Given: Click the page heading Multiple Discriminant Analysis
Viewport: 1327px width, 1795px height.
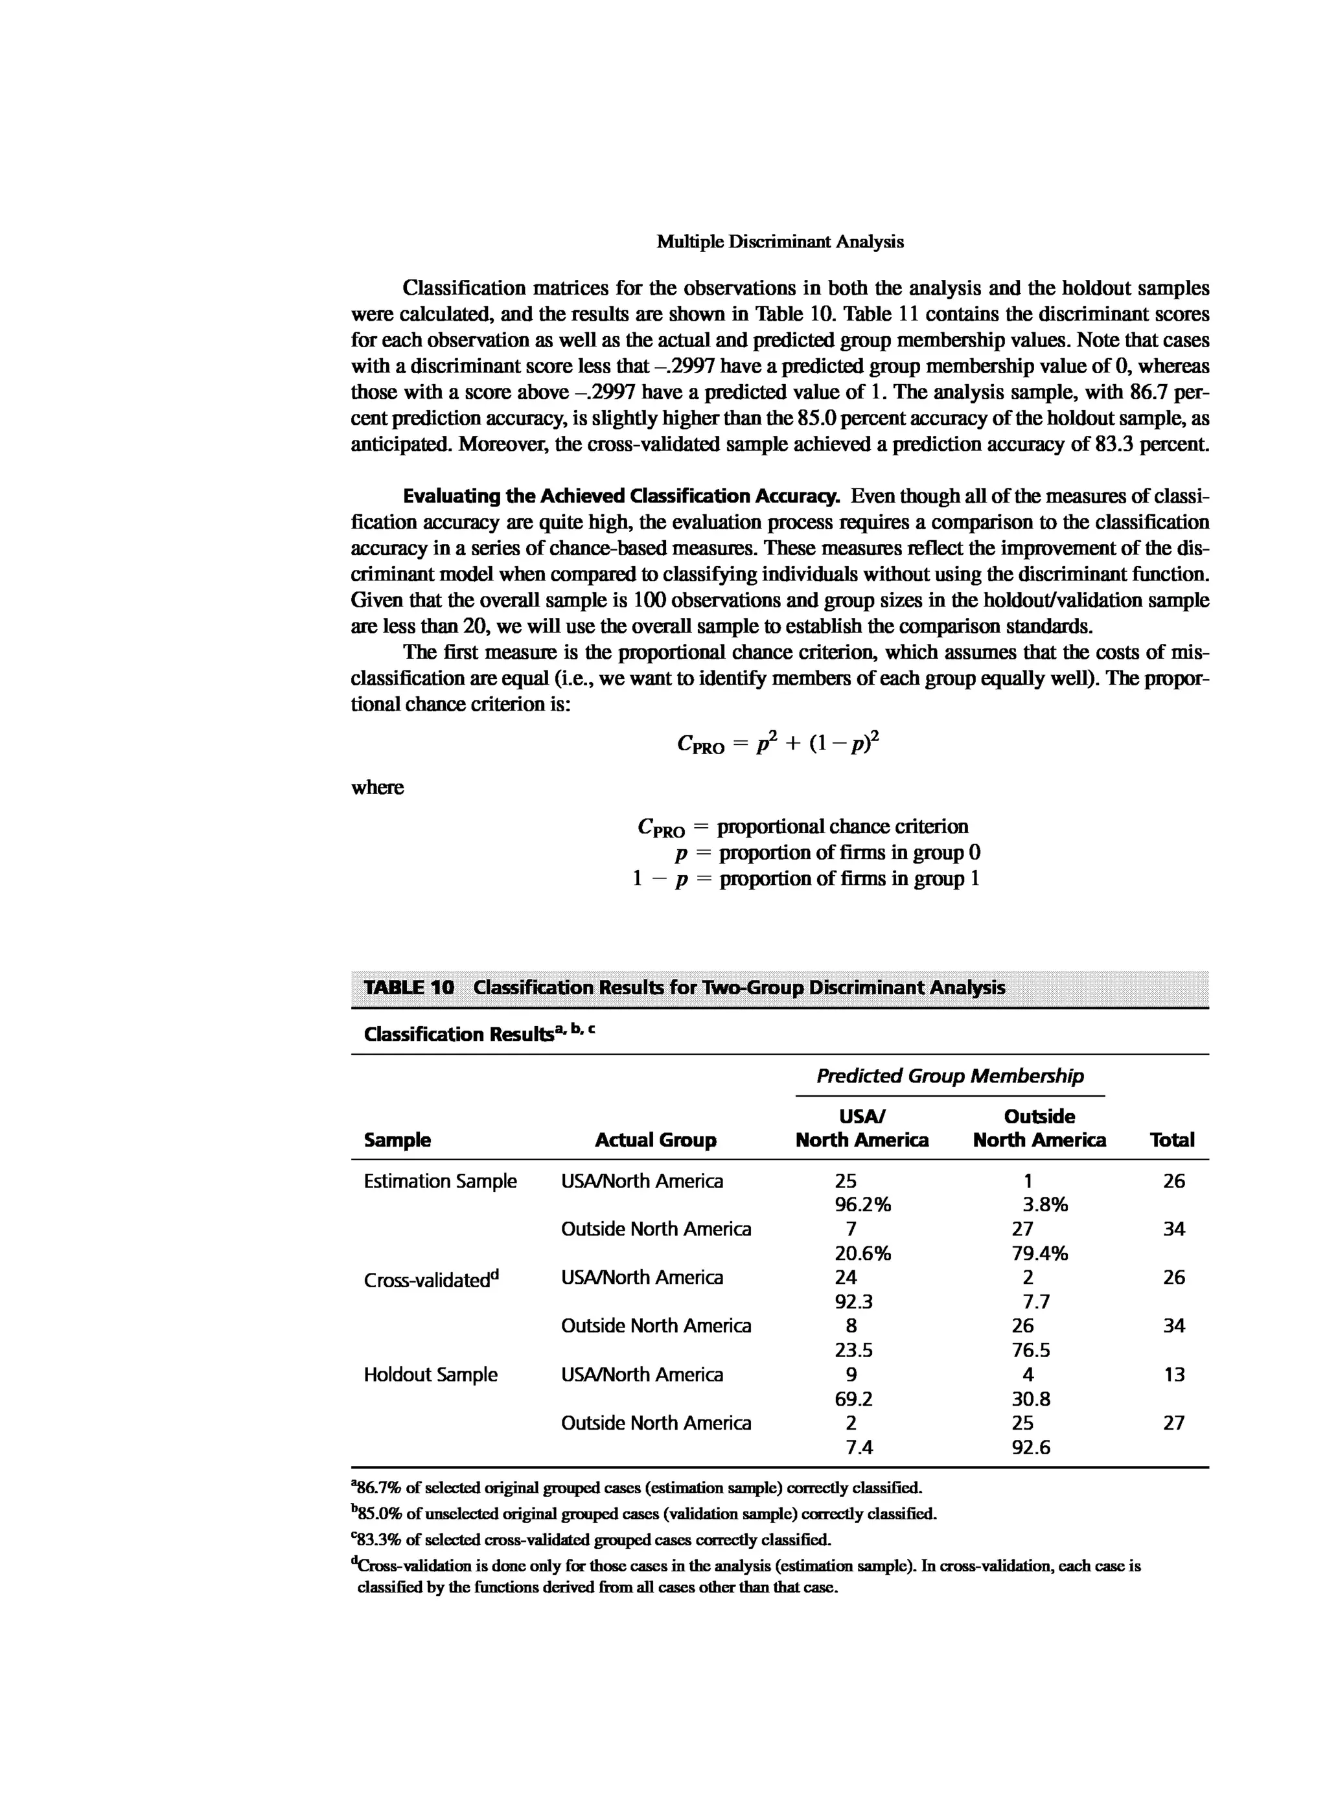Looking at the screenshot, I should tap(779, 242).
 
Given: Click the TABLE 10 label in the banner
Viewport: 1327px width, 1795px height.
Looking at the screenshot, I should tap(408, 987).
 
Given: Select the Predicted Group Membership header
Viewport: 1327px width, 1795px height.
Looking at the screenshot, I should tap(949, 1075).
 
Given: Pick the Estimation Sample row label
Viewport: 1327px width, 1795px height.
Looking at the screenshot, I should tap(439, 1181).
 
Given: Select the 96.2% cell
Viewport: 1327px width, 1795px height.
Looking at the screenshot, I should tap(862, 1205).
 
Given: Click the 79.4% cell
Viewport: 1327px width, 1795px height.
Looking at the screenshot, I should tap(1039, 1253).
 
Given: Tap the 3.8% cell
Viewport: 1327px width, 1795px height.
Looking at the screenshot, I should tap(1044, 1205).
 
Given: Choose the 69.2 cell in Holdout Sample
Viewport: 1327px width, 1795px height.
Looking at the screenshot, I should tap(853, 1399).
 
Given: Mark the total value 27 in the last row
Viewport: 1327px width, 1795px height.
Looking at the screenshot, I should tap(1173, 1423).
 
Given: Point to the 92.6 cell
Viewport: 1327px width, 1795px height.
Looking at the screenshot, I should tap(1031, 1447).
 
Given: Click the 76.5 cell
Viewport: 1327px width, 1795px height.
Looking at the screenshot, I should tap(1031, 1350).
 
